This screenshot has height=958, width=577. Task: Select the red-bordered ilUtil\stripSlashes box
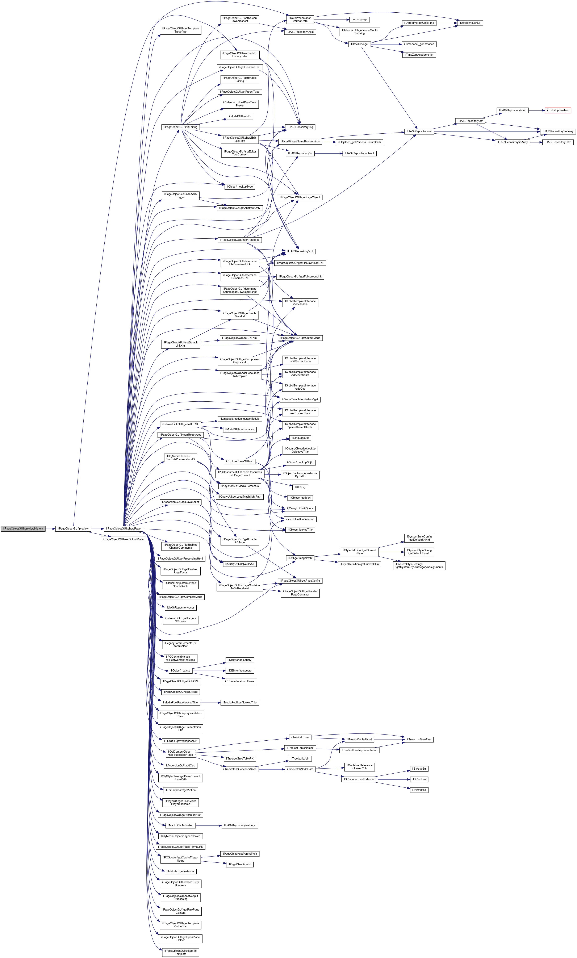click(x=557, y=110)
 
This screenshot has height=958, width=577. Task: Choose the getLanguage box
click(x=359, y=20)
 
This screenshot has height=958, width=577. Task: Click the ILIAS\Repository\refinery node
click(x=557, y=131)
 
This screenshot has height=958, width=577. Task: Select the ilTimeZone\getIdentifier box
click(x=419, y=55)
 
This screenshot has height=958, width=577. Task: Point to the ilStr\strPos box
click(x=419, y=790)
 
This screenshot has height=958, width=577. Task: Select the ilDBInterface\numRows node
click(x=239, y=681)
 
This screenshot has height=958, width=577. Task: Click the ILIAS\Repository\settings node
click(x=239, y=825)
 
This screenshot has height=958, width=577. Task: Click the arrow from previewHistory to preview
click(x=50, y=528)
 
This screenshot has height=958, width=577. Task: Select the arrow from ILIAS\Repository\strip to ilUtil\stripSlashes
click(x=536, y=110)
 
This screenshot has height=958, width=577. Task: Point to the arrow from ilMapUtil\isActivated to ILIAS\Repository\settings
click(x=208, y=825)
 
